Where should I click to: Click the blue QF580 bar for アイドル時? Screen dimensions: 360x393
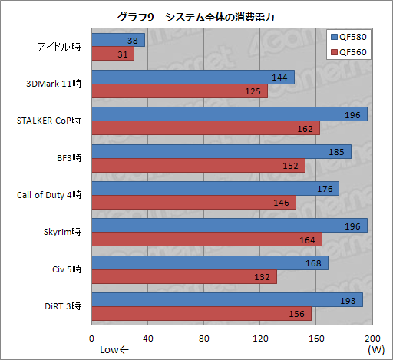point(117,40)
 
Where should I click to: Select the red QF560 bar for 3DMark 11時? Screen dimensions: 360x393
point(180,92)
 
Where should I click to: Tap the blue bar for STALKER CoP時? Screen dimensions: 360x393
point(229,114)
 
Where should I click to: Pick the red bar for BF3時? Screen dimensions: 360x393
point(198,166)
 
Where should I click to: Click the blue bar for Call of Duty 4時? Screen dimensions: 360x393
point(215,188)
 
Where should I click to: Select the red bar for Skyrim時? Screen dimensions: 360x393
point(206,240)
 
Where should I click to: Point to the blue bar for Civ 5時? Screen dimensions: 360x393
point(210,263)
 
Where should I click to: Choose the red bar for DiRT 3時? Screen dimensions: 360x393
point(201,314)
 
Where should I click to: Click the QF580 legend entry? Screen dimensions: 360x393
point(349,37)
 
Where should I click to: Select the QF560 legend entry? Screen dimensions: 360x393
point(349,52)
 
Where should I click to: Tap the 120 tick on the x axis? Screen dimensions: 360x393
point(260,339)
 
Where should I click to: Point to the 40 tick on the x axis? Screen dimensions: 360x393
point(148,339)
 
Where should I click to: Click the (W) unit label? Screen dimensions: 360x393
point(375,350)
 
